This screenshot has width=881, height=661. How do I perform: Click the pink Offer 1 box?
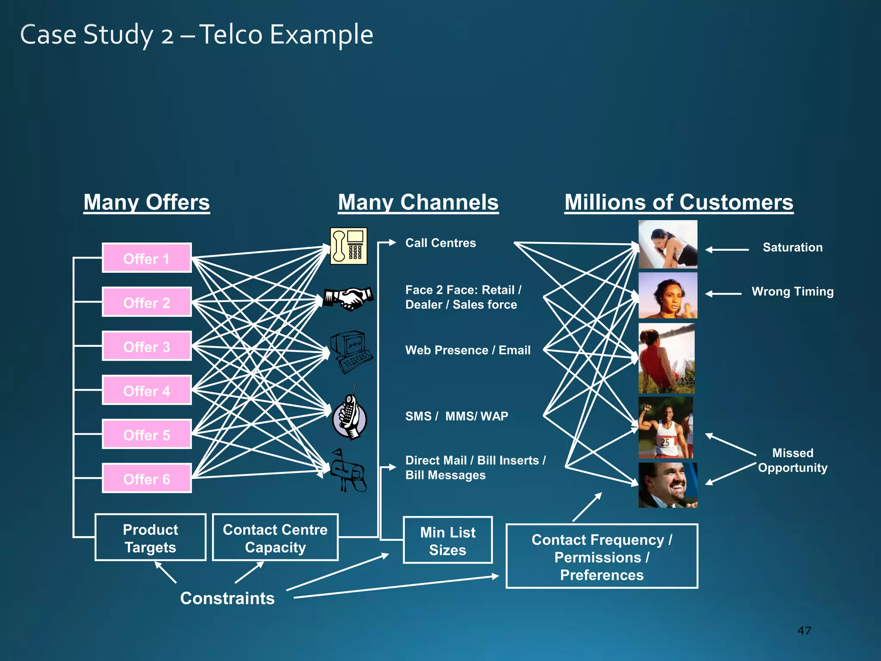pyautogui.click(x=147, y=258)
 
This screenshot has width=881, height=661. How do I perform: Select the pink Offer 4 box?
pyautogui.click(x=147, y=390)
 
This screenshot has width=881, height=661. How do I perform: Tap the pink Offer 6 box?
pyautogui.click(x=147, y=479)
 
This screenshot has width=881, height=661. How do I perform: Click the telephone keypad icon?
pyautogui.click(x=348, y=246)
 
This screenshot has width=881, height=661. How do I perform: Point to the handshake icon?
pyautogui.click(x=348, y=298)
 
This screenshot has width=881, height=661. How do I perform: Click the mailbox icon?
pyautogui.click(x=348, y=471)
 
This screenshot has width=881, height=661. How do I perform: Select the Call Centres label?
pyautogui.click(x=440, y=243)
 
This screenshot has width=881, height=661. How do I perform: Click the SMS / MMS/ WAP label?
pyautogui.click(x=456, y=416)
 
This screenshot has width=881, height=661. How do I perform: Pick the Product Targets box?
pyautogui.click(x=151, y=538)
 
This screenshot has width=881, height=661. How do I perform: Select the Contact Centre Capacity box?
pyautogui.click(x=275, y=538)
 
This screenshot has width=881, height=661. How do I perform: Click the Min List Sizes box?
pyautogui.click(x=447, y=541)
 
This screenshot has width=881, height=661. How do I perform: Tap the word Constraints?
pyautogui.click(x=227, y=598)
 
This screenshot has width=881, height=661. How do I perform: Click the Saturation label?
pyautogui.click(x=792, y=247)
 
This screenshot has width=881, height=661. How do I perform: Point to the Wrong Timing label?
pyautogui.click(x=792, y=292)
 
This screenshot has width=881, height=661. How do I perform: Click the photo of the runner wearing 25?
pyautogui.click(x=666, y=428)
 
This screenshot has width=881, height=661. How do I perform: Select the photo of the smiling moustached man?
pyautogui.click(x=668, y=485)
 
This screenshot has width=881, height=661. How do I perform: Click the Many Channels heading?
pyautogui.click(x=418, y=202)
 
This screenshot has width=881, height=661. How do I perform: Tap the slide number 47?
pyautogui.click(x=804, y=631)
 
